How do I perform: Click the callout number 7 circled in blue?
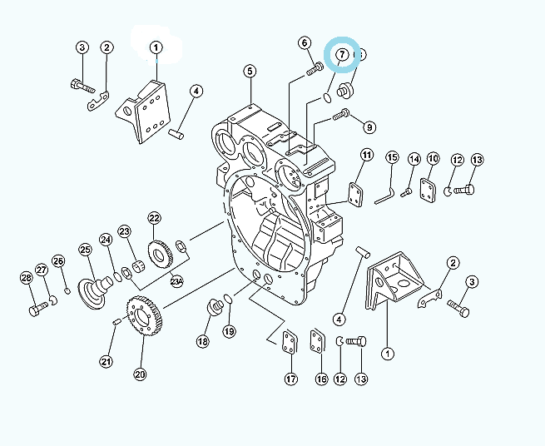coord(342,54)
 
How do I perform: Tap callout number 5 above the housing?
coord(250,72)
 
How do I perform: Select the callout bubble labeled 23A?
coord(176,281)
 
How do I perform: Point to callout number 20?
coord(140,374)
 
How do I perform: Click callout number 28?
coord(27,278)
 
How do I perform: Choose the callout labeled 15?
coord(392,157)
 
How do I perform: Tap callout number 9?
coord(369,127)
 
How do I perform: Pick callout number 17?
coord(291,379)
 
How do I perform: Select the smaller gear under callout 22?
coord(161,255)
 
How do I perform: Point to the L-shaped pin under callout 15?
coord(384,196)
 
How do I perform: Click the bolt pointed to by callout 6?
coord(315,67)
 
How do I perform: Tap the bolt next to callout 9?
coord(341,114)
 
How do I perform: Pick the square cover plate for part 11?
coord(355,195)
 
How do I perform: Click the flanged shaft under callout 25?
coord(95,291)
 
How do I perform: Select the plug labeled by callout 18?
coord(215,306)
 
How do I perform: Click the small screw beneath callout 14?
coord(406,192)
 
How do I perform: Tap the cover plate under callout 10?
coord(428,191)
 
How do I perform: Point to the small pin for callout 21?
coord(116,321)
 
